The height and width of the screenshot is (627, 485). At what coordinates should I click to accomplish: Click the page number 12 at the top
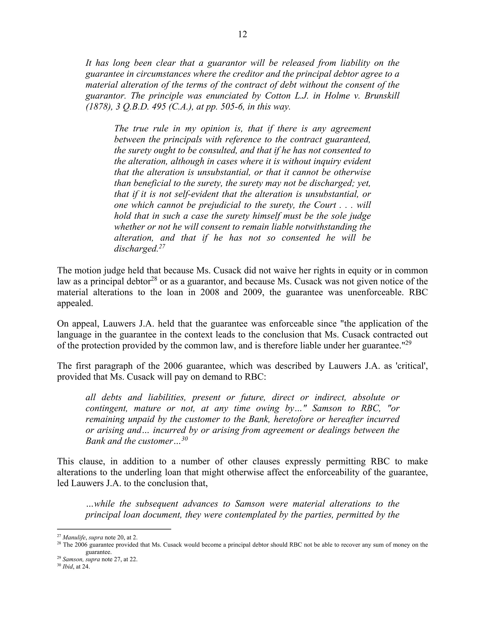(242, 35)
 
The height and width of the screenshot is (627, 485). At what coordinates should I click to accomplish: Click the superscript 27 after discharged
(162, 246)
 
